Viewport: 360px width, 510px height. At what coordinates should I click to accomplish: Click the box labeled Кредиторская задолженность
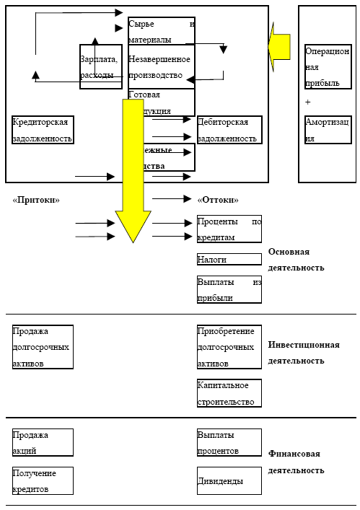pyautogui.click(x=42, y=130)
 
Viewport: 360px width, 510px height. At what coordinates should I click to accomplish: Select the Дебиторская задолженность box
pyautogui.click(x=229, y=130)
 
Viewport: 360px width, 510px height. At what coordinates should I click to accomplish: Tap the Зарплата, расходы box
pyautogui.click(x=100, y=67)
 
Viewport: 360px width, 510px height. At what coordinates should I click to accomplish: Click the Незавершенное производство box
pyautogui.click(x=161, y=66)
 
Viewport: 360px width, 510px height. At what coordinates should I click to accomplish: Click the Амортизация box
pyautogui.click(x=327, y=130)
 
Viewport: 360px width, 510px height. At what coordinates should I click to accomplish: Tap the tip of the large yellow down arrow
pyautogui.click(x=133, y=240)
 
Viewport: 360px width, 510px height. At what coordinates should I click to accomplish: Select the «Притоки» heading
pyautogui.click(x=36, y=200)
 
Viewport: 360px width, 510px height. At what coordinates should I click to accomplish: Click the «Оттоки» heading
pyautogui.click(x=217, y=200)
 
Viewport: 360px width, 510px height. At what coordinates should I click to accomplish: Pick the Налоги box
pyautogui.click(x=229, y=259)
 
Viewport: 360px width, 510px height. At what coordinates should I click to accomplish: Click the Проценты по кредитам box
pyautogui.click(x=229, y=229)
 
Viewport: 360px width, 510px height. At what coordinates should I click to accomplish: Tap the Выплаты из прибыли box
pyautogui.click(x=229, y=289)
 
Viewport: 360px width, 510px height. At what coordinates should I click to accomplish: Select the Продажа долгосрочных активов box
pyautogui.click(x=42, y=347)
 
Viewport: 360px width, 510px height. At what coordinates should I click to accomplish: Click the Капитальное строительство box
pyautogui.click(x=229, y=393)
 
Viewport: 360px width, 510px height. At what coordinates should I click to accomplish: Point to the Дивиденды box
pyautogui.click(x=229, y=480)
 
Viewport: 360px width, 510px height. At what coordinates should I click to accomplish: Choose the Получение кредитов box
pyautogui.click(x=42, y=480)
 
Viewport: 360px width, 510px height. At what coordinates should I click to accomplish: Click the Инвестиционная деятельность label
pyautogui.click(x=303, y=353)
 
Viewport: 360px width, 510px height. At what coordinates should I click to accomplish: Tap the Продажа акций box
pyautogui.click(x=42, y=442)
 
